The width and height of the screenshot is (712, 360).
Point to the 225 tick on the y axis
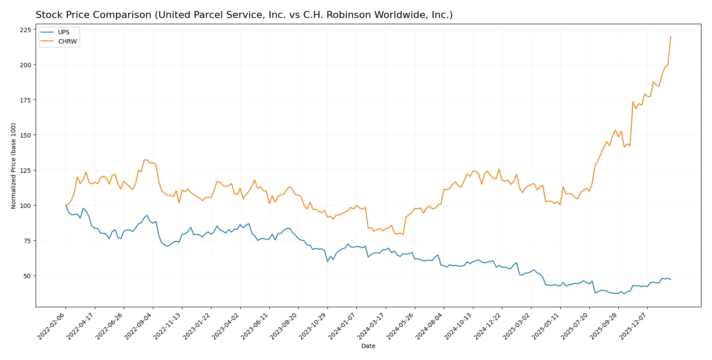tap(25, 30)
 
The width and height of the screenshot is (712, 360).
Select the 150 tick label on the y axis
tap(25, 135)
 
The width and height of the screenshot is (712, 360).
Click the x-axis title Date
tap(368, 346)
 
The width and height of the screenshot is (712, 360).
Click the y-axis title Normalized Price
tap(14, 166)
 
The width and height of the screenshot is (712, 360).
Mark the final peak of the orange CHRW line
tap(671, 36)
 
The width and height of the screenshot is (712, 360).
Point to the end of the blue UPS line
tap(671, 280)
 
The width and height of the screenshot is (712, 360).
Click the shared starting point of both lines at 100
tap(65, 205)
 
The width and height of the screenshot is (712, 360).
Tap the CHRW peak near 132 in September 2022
tap(145, 160)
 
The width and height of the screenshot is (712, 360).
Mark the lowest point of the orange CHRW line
tap(403, 234)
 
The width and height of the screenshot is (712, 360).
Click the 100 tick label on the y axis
tap(25, 206)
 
